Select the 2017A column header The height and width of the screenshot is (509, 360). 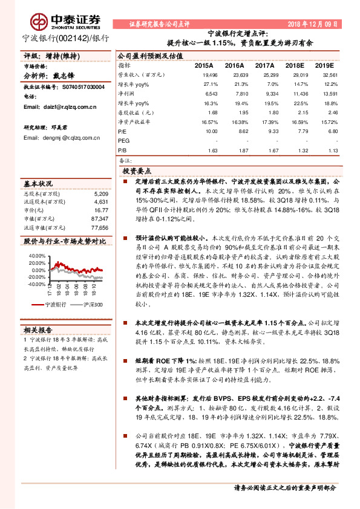(264, 65)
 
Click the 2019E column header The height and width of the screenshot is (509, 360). (324, 65)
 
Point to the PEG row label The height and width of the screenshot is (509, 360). (123, 140)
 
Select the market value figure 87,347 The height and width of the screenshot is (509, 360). (99, 218)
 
